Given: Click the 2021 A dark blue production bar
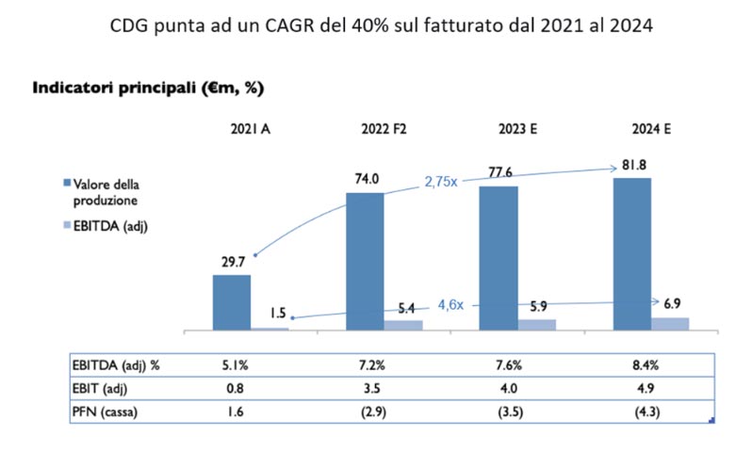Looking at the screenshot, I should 231,301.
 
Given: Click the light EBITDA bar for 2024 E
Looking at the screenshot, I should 670,323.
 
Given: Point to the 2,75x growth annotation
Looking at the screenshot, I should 440,181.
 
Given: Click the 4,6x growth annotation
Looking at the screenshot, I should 452,304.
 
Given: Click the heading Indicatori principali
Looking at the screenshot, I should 148,89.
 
